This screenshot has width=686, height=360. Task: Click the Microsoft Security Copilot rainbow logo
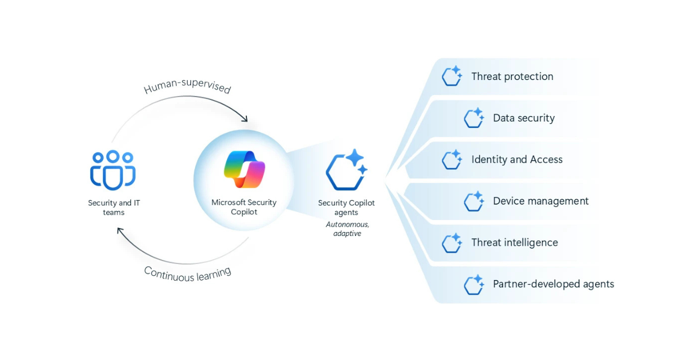tap(244, 169)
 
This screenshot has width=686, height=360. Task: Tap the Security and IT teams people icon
tap(113, 170)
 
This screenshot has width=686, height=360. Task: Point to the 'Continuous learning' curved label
tap(188, 273)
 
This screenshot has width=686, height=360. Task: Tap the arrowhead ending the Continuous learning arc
tap(120, 230)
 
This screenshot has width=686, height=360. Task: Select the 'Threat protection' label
tap(512, 77)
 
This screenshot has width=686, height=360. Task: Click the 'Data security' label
tap(524, 118)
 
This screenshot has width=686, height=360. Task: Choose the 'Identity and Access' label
tap(517, 159)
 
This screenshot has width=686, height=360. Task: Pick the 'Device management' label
tap(541, 201)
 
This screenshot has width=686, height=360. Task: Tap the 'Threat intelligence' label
tap(514, 242)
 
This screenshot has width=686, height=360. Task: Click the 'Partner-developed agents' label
tap(553, 284)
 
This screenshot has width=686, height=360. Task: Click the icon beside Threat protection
tap(452, 77)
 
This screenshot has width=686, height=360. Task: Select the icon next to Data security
tap(473, 118)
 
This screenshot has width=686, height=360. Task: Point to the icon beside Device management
tap(473, 201)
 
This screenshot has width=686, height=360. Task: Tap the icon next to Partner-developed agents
tap(473, 284)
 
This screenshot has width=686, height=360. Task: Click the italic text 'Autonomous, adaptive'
tap(347, 229)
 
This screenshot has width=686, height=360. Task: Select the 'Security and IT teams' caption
tap(113, 207)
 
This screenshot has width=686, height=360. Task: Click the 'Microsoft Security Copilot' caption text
tap(244, 207)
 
